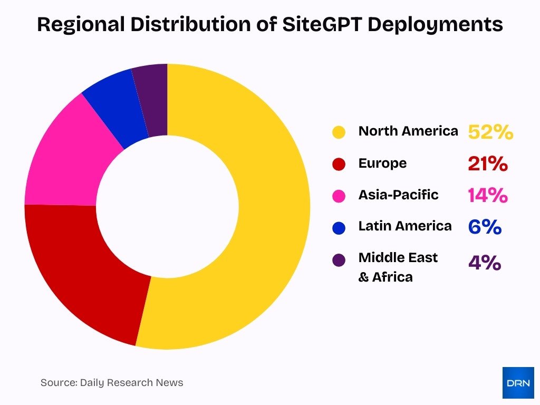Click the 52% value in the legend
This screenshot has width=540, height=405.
click(490, 132)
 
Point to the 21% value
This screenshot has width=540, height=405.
click(487, 164)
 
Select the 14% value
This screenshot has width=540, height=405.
click(487, 196)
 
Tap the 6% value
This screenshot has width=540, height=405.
click(484, 227)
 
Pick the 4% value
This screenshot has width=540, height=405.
click(484, 262)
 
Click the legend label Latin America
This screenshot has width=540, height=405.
click(405, 226)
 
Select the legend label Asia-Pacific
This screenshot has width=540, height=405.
click(398, 195)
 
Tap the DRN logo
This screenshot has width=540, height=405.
click(518, 382)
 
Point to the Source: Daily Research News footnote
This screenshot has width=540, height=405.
click(112, 383)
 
